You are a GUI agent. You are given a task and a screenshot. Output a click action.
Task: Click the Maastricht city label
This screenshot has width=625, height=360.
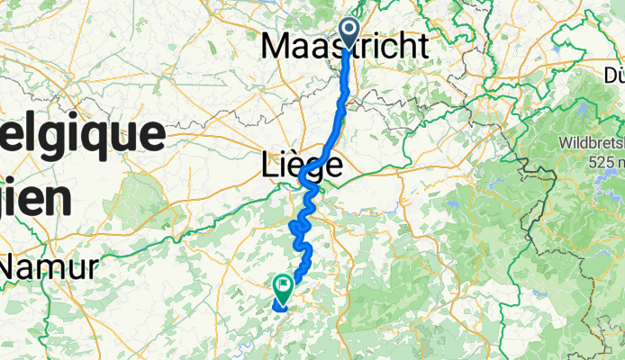point(345,47)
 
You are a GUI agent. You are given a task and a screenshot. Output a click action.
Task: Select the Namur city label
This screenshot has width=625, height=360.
point(54,267)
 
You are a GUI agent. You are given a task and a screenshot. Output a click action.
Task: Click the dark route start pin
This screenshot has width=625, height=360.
point(349,32)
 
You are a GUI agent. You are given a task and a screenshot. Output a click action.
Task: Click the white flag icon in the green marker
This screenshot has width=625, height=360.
point(283,286)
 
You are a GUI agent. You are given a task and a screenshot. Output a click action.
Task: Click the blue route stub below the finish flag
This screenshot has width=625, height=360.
point(278,306)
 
